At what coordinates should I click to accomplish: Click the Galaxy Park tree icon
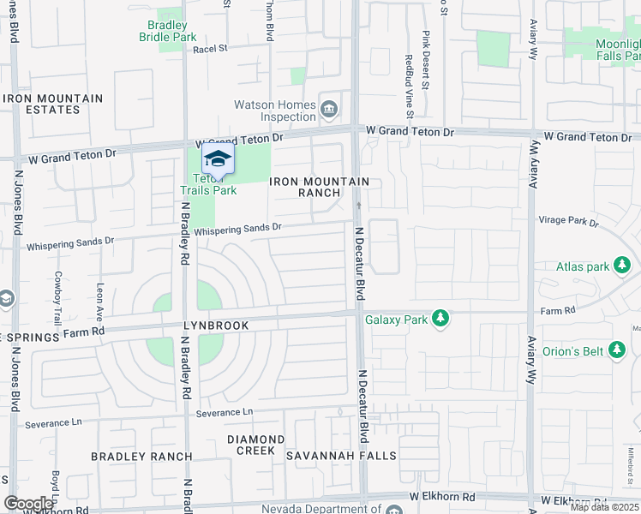[440, 320]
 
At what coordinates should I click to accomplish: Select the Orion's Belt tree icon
[616, 350]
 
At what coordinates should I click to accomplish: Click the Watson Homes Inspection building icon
[329, 109]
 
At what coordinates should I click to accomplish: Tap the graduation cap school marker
[218, 160]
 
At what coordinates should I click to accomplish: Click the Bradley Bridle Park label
[169, 32]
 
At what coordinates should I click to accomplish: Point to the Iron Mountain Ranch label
[320, 187]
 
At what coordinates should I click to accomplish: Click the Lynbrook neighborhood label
[216, 326]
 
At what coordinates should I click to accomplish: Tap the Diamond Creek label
[250, 445]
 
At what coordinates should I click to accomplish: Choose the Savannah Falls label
[341, 456]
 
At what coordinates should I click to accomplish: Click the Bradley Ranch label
[141, 457]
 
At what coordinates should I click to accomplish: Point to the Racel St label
[209, 49]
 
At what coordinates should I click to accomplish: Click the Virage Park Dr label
[569, 221]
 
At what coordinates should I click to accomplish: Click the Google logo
[29, 504]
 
